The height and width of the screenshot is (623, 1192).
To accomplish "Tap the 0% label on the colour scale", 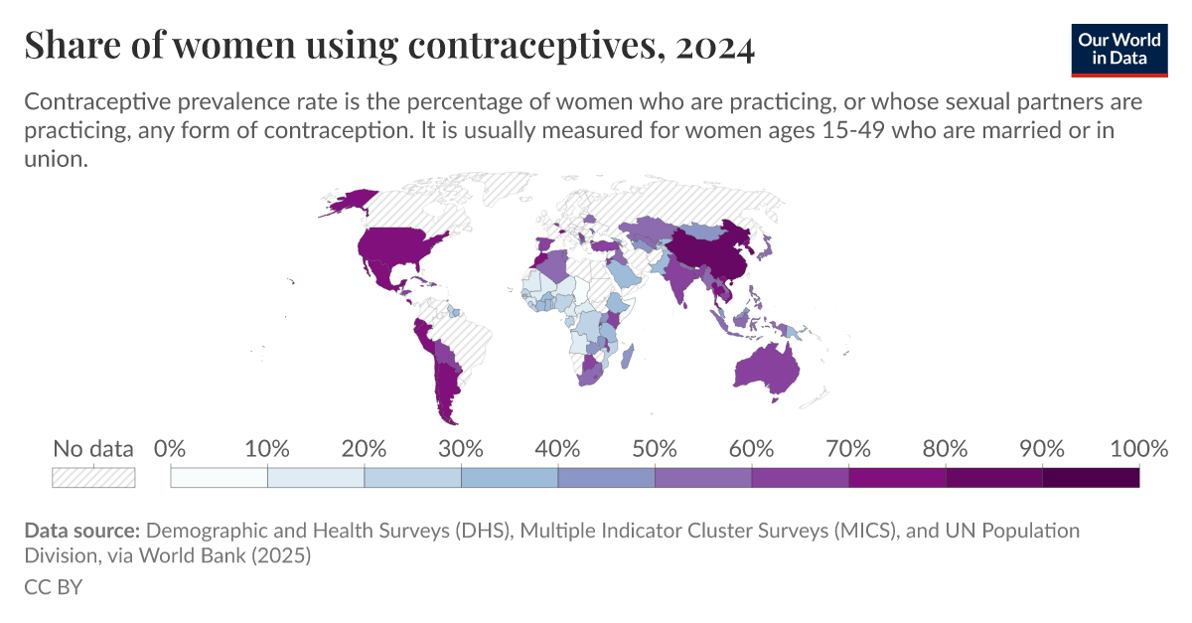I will coord(171,448).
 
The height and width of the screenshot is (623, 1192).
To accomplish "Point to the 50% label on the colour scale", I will coord(655,448).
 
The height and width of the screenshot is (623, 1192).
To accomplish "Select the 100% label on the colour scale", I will coord(1137,448).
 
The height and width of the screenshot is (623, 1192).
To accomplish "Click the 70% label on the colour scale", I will coord(848,448).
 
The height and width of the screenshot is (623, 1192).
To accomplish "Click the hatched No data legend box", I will coord(93,477).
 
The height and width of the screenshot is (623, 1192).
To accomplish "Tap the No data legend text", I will coord(93,448).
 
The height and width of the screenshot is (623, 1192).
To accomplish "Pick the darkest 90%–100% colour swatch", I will coord(1091,477).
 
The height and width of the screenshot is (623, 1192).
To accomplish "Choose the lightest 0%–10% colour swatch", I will coord(220,477).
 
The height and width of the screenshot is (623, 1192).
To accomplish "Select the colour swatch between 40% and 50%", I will coord(606,477).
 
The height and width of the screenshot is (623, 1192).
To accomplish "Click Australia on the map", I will coord(766,369).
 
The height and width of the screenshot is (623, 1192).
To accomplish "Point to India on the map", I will coord(680,279).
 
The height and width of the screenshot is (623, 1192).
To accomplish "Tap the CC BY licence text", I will coord(53,587).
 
